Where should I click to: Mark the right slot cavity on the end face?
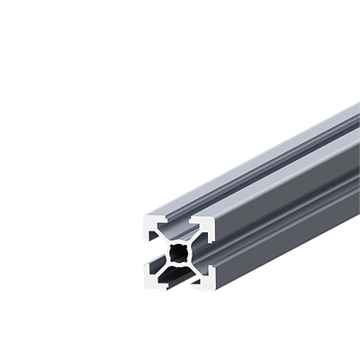207,255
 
